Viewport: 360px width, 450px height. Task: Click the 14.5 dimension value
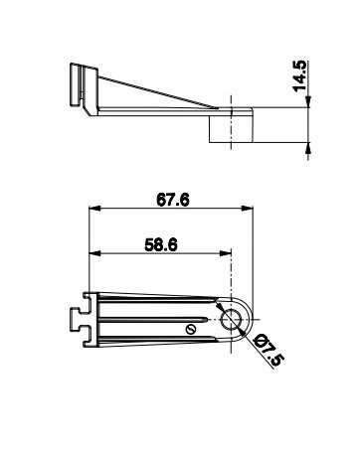pyautogui.click(x=299, y=75)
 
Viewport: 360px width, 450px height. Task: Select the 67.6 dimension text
pyautogui.click(x=173, y=200)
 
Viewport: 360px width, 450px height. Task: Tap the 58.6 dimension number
pyautogui.click(x=161, y=245)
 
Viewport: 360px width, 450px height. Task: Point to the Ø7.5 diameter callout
pyautogui.click(x=269, y=350)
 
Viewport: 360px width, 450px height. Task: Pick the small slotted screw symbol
pyautogui.click(x=191, y=329)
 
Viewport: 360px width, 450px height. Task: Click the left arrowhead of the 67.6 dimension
pyautogui.click(x=94, y=209)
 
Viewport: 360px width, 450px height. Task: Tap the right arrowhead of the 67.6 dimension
pyautogui.click(x=248, y=209)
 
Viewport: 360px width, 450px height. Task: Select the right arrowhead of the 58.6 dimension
pyautogui.click(x=226, y=253)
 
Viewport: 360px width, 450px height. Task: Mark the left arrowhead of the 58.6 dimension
pyautogui.click(x=94, y=253)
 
